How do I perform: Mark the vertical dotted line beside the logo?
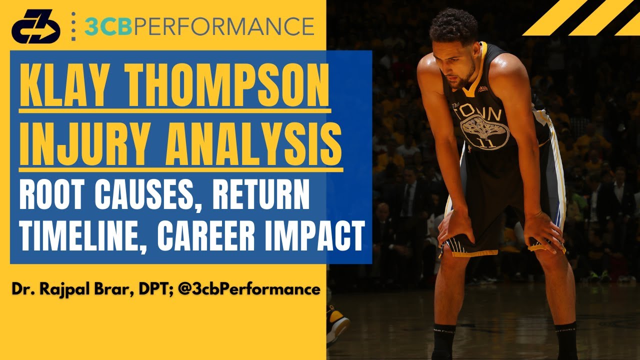point(73,26)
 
